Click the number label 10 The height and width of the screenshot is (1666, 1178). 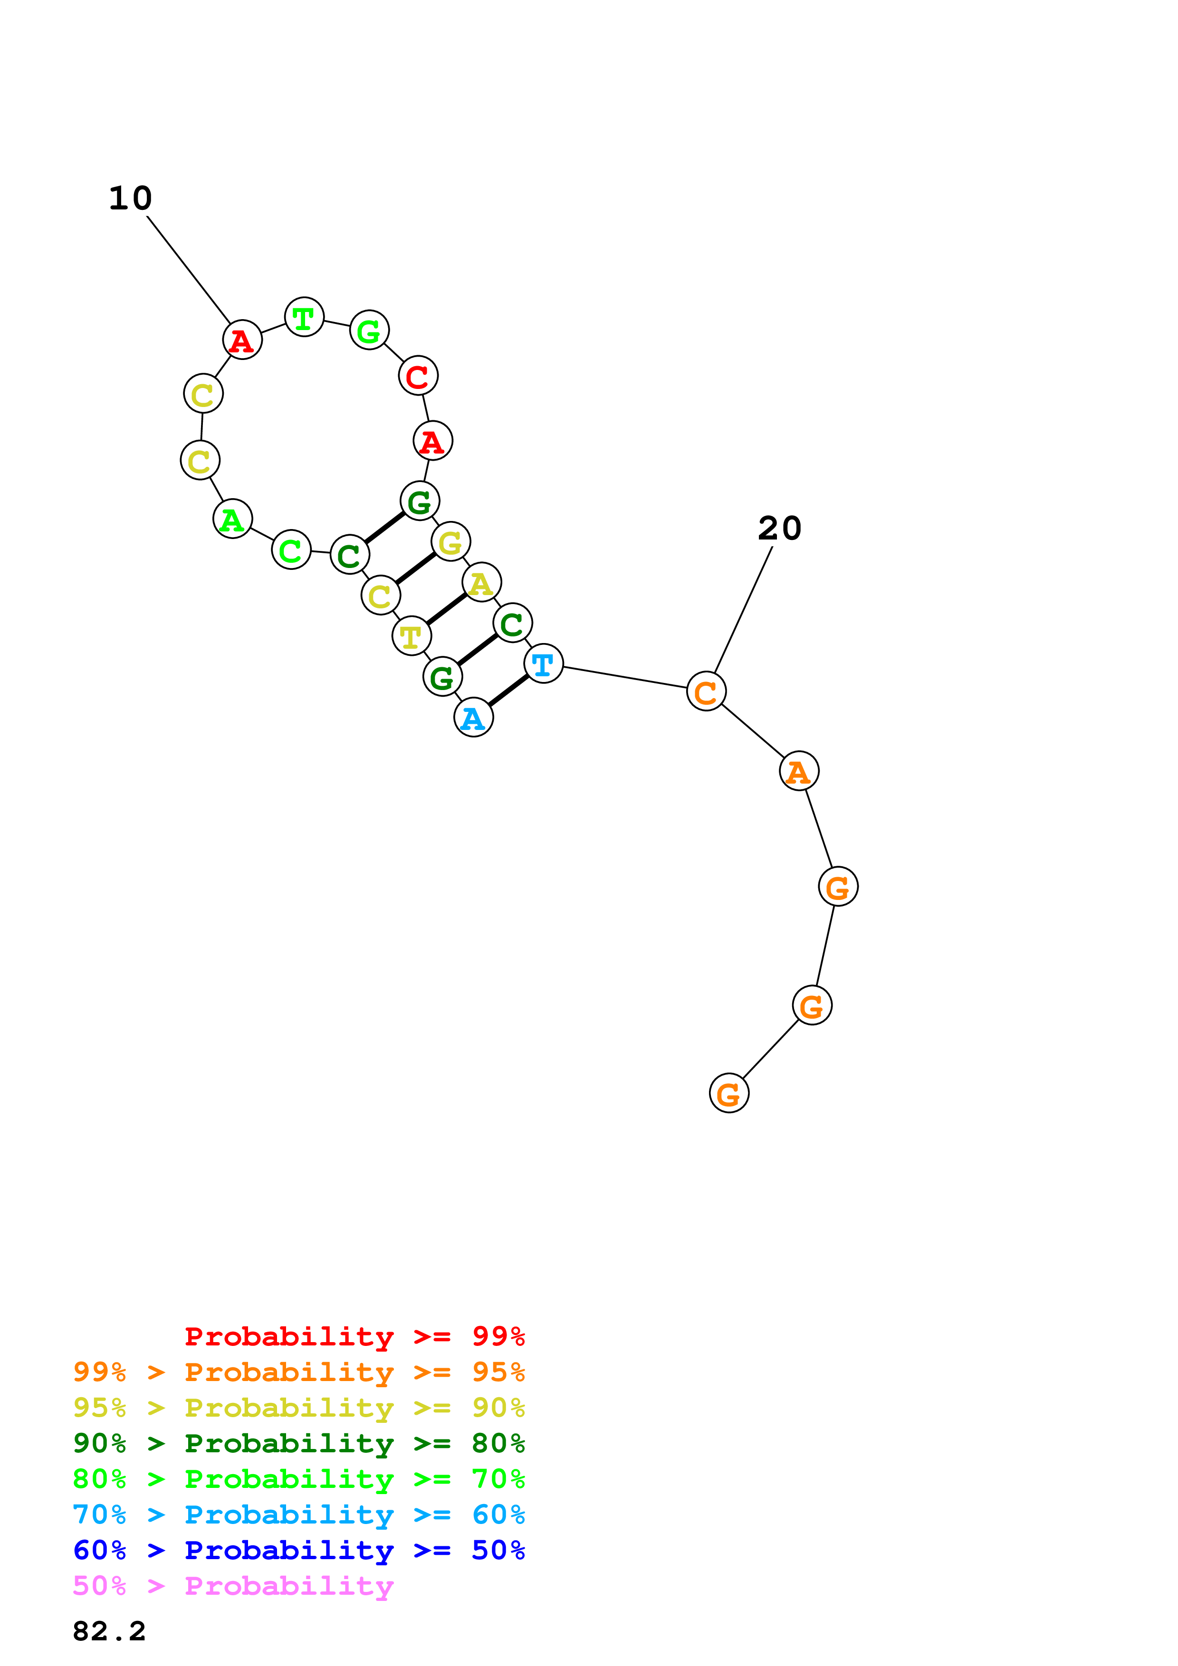click(x=131, y=198)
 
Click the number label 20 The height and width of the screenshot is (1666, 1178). click(x=779, y=528)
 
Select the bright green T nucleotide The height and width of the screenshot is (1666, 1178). click(x=304, y=317)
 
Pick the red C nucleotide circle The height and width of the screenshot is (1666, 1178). click(x=418, y=376)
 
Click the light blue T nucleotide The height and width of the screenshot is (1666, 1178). click(x=543, y=663)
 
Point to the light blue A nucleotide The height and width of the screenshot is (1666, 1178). click(x=473, y=718)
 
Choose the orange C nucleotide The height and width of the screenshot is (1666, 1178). click(x=706, y=691)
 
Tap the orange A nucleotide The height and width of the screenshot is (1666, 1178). click(x=799, y=771)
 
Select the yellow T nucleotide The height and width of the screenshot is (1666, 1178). click(x=412, y=636)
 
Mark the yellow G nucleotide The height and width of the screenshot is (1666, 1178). click(x=451, y=541)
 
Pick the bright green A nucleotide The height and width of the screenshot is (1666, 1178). click(x=232, y=519)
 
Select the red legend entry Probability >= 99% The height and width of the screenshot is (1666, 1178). click(x=354, y=1336)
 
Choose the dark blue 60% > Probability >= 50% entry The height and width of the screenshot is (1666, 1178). click(x=298, y=1550)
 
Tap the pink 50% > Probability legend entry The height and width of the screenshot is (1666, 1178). click(x=233, y=1585)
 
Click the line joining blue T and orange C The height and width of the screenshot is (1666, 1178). click(x=624, y=677)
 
